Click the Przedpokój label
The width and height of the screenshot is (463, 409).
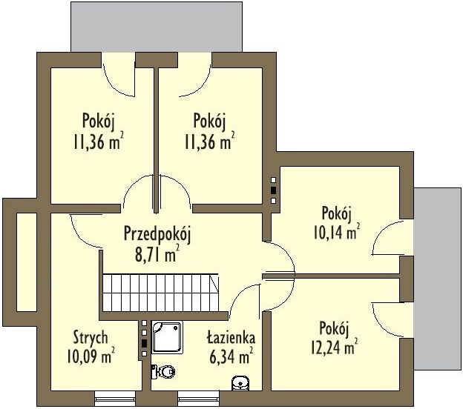tap(157, 234)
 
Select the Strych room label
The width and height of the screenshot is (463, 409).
tap(91, 338)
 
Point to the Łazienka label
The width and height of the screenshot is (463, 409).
tap(231, 338)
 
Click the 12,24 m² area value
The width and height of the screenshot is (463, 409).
tap(335, 347)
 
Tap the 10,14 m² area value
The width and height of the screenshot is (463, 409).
tap(337, 232)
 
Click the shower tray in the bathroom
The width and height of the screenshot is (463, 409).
tap(167, 337)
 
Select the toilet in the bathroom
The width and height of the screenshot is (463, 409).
tap(163, 371)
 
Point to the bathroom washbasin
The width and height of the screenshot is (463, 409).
tap(240, 383)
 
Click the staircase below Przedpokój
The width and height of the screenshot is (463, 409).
tap(161, 293)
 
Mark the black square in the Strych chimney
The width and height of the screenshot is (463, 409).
tap(144, 343)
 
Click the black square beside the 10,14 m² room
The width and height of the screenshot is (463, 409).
tap(274, 190)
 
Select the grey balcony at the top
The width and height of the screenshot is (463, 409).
tap(157, 27)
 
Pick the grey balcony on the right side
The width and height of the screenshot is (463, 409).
tap(437, 279)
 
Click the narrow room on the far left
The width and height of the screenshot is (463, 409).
tap(26, 262)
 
